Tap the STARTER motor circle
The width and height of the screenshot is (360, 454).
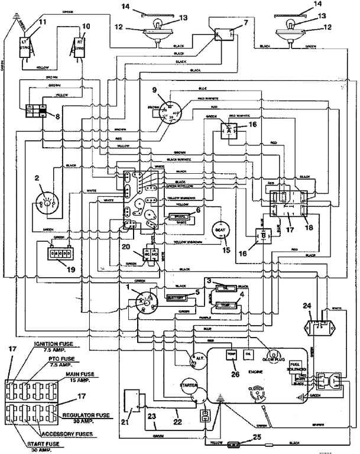[x=190, y=388]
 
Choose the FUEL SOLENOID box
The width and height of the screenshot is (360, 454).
[x=296, y=366]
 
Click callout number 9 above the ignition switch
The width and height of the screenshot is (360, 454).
[x=155, y=90]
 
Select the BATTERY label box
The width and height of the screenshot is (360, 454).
[x=176, y=298]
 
